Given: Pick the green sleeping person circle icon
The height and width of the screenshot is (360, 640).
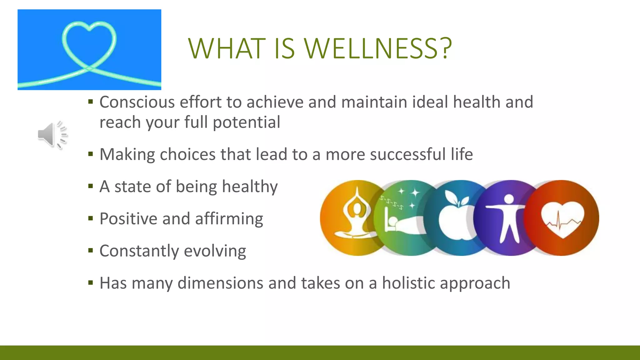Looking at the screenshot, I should (403, 218).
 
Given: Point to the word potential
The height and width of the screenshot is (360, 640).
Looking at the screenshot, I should (247, 122).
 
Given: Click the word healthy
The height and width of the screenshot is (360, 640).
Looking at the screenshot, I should (250, 187).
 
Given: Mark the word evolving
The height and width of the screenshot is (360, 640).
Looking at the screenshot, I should (215, 251).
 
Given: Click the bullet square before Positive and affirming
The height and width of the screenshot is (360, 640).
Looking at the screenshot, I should (91, 218).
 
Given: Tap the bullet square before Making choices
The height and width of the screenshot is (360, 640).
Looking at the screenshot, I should (91, 154).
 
